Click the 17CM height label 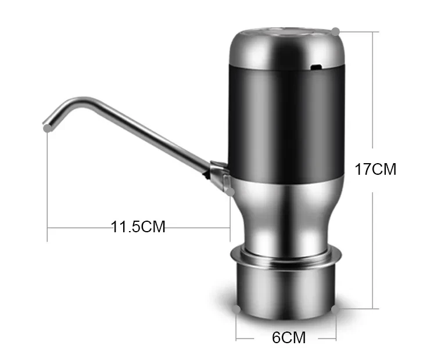(375, 169)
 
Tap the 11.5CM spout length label (138, 226)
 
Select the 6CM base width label (289, 337)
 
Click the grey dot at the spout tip (46, 128)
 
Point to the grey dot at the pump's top (335, 30)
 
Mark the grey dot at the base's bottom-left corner (236, 309)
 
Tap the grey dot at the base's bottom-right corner (336, 309)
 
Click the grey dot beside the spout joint (231, 190)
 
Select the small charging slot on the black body (317, 67)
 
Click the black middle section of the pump (285, 116)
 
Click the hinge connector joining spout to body (218, 174)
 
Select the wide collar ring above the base (286, 255)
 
